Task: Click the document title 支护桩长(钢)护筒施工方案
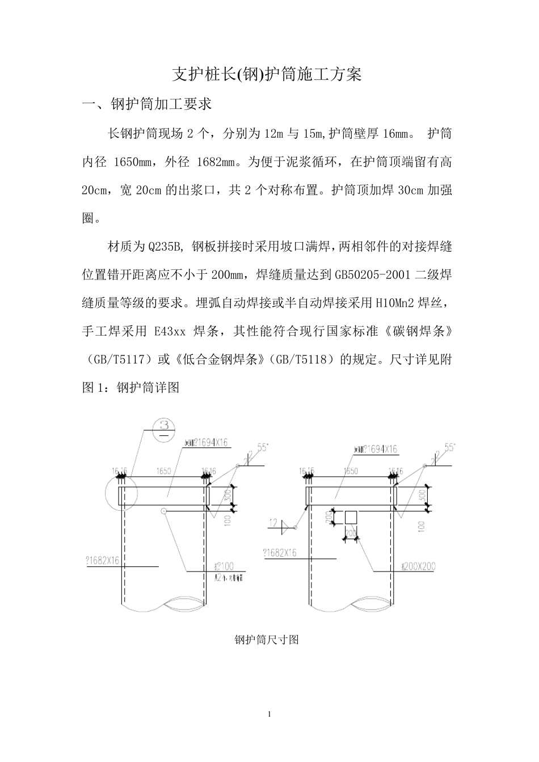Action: click(267, 74)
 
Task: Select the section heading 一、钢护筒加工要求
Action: click(146, 104)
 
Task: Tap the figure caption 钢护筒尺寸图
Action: click(267, 640)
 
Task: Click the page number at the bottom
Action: click(269, 713)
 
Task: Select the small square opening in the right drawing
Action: click(351, 518)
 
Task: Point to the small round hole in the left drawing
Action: click(163, 511)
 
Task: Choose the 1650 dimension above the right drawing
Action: click(351, 471)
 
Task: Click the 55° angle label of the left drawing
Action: click(262, 447)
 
